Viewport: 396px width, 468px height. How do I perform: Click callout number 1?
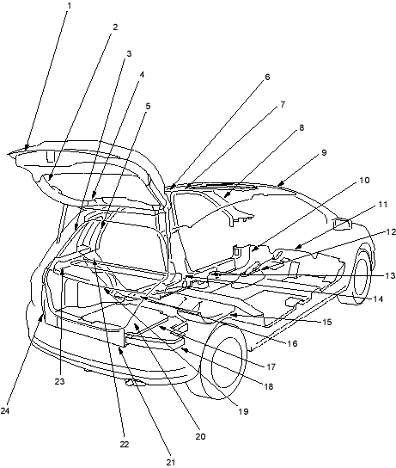click(69, 5)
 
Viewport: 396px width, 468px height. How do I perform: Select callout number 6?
click(267, 77)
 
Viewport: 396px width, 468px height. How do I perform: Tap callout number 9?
click(324, 153)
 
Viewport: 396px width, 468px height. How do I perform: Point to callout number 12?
click(391, 232)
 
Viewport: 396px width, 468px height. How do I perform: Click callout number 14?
click(378, 299)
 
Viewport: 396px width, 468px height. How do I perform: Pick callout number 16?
click(293, 343)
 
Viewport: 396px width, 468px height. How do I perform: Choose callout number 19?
click(243, 411)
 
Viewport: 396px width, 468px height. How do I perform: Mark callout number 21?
click(170, 462)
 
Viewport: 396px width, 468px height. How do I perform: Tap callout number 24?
click(5, 410)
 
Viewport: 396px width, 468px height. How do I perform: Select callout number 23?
click(59, 381)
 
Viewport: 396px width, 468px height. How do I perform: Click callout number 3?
click(129, 54)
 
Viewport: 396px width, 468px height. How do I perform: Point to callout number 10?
click(364, 181)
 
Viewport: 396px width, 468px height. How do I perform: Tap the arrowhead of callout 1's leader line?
click(27, 147)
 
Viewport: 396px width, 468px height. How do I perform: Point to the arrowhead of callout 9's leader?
click(279, 183)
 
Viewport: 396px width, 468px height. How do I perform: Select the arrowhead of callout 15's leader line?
click(233, 315)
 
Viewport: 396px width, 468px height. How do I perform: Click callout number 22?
click(125, 445)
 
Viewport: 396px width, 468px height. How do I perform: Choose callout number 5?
click(148, 107)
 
